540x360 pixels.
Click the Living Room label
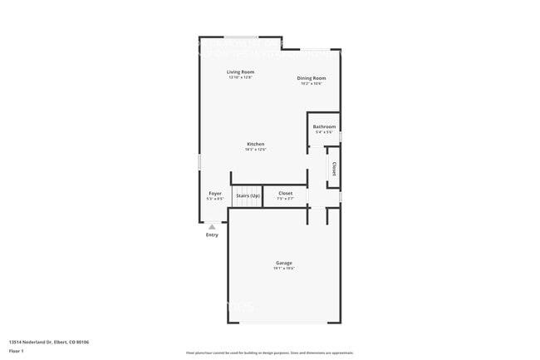[239, 72]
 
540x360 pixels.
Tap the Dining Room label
[311, 78]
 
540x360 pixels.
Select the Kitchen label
[255, 145]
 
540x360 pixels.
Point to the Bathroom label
[324, 127]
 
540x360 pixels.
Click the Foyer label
[215, 194]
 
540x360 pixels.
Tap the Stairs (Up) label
[248, 195]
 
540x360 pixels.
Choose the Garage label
[284, 263]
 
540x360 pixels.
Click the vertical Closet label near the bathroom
[334, 167]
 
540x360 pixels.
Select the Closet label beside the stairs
[285, 194]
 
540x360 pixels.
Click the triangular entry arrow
[212, 226]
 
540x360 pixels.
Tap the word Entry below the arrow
[212, 234]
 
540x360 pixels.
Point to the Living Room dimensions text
[239, 77]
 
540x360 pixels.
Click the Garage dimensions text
[284, 269]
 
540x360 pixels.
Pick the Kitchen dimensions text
[255, 150]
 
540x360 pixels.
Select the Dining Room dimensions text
[311, 83]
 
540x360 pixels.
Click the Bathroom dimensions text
[324, 132]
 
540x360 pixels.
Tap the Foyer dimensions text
[215, 199]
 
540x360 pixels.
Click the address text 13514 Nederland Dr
[49, 342]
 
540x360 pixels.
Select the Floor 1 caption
[16, 351]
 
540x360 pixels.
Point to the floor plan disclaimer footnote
[269, 353]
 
